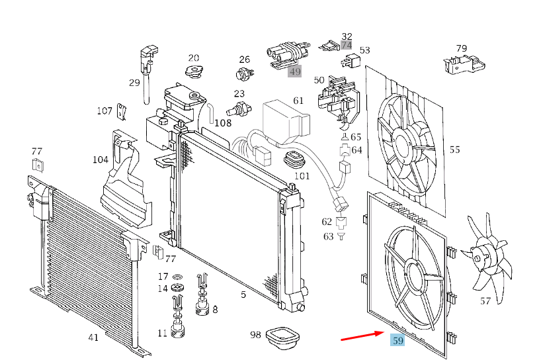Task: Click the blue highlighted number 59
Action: click(397, 340)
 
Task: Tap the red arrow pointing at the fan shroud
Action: click(362, 336)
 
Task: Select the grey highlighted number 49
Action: click(295, 71)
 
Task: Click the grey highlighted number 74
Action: click(347, 45)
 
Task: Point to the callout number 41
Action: click(93, 337)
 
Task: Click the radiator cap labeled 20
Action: click(194, 71)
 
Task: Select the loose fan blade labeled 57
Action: click(487, 257)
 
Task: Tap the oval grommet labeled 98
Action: click(282, 337)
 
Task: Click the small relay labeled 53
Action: click(351, 62)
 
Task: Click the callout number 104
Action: click(101, 159)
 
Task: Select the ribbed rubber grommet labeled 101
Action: click(296, 159)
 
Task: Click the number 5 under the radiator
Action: click(243, 294)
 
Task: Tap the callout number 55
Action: click(455, 150)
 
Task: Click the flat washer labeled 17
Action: click(178, 277)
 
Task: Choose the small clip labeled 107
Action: click(122, 111)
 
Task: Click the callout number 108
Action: click(223, 123)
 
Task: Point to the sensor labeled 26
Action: click(244, 74)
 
